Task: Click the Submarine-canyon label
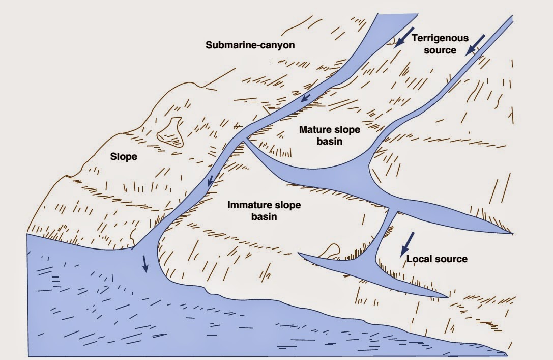click(250, 45)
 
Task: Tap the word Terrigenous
click(440, 38)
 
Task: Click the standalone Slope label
click(124, 157)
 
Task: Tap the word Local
click(418, 259)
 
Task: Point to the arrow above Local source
click(408, 244)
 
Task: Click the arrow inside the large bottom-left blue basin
click(145, 263)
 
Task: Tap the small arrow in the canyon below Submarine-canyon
click(305, 97)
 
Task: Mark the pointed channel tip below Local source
click(447, 297)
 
